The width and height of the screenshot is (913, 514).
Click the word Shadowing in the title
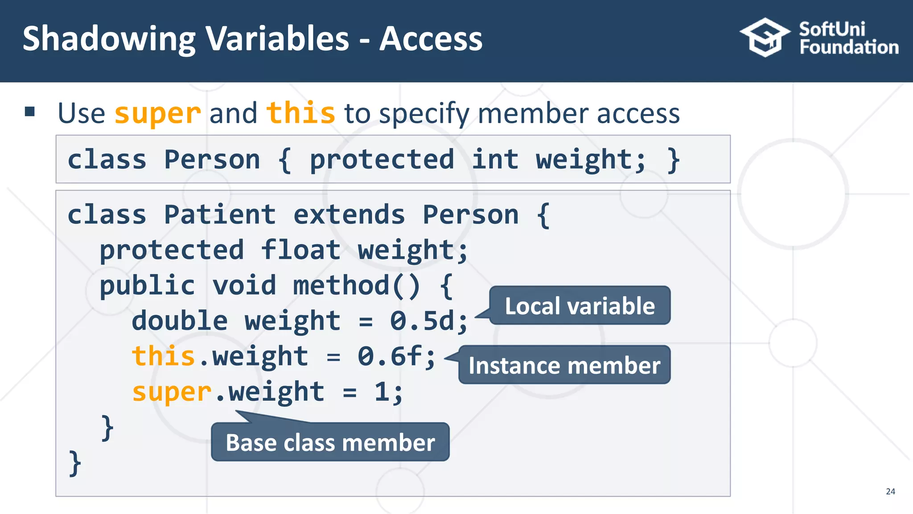pos(109,39)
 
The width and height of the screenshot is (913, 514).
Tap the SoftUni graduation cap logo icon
pos(765,37)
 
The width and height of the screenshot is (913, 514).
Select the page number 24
pos(890,491)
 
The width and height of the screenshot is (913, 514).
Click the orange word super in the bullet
pos(158,113)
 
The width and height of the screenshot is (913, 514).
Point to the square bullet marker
pos(30,112)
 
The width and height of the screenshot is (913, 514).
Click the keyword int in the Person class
pos(495,159)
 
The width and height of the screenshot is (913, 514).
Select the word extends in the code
pos(349,215)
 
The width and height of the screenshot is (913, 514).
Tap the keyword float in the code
pos(300,250)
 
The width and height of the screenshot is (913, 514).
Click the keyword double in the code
pos(180,321)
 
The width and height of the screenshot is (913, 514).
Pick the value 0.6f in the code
pos(390,356)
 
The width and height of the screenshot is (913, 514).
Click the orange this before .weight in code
pos(163,356)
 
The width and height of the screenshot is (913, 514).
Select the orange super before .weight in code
pos(172,392)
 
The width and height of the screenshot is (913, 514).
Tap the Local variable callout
pos(580,306)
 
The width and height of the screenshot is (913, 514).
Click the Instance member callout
pos(564,365)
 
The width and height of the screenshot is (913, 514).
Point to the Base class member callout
pos(330,443)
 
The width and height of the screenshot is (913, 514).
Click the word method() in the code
pos(357,286)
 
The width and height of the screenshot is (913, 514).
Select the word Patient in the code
pos(220,215)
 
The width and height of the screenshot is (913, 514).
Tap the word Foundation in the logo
pos(849,47)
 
